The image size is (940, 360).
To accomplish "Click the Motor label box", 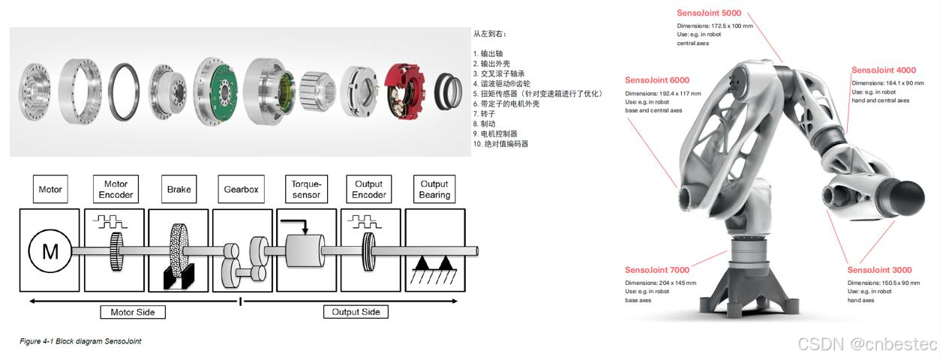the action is point(50,189).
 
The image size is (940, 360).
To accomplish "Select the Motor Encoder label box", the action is point(116,189).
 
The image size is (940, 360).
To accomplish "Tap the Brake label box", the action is point(179,189).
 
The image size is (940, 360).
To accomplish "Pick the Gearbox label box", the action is point(241,189).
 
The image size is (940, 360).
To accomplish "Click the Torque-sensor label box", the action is point(305,189).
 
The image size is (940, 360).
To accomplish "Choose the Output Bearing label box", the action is point(434,189).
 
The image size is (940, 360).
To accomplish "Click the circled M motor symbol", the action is point(50,252).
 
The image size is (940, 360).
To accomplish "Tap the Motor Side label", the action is point(132,311).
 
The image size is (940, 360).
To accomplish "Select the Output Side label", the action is point(356,311).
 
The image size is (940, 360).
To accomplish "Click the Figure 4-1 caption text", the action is point(80,341).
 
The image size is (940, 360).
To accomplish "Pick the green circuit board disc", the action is point(218,90).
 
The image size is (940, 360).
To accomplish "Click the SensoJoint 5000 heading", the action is point(709,13).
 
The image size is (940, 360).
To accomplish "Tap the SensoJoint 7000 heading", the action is point(656,270).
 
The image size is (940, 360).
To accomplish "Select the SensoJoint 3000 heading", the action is point(879,270).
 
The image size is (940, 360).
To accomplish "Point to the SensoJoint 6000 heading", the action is point(656,80).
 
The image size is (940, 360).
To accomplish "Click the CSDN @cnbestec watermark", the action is point(867,344).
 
